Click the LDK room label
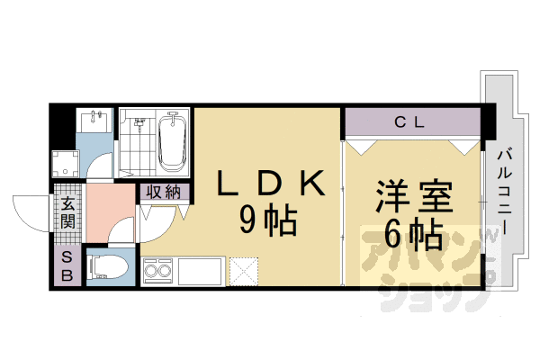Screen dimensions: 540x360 (x=268, y=184)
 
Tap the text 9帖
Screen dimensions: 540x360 (x=267, y=219)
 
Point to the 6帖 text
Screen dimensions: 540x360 (x=412, y=234)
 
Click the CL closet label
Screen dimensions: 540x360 (x=411, y=121)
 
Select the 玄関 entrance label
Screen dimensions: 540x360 (x=67, y=214)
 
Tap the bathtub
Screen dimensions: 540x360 (x=172, y=143)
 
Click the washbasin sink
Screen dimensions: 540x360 (x=94, y=121)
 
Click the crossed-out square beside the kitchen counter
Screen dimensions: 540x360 (x=244, y=270)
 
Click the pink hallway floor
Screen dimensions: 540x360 (x=110, y=211)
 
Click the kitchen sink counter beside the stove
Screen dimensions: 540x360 (x=200, y=270)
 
